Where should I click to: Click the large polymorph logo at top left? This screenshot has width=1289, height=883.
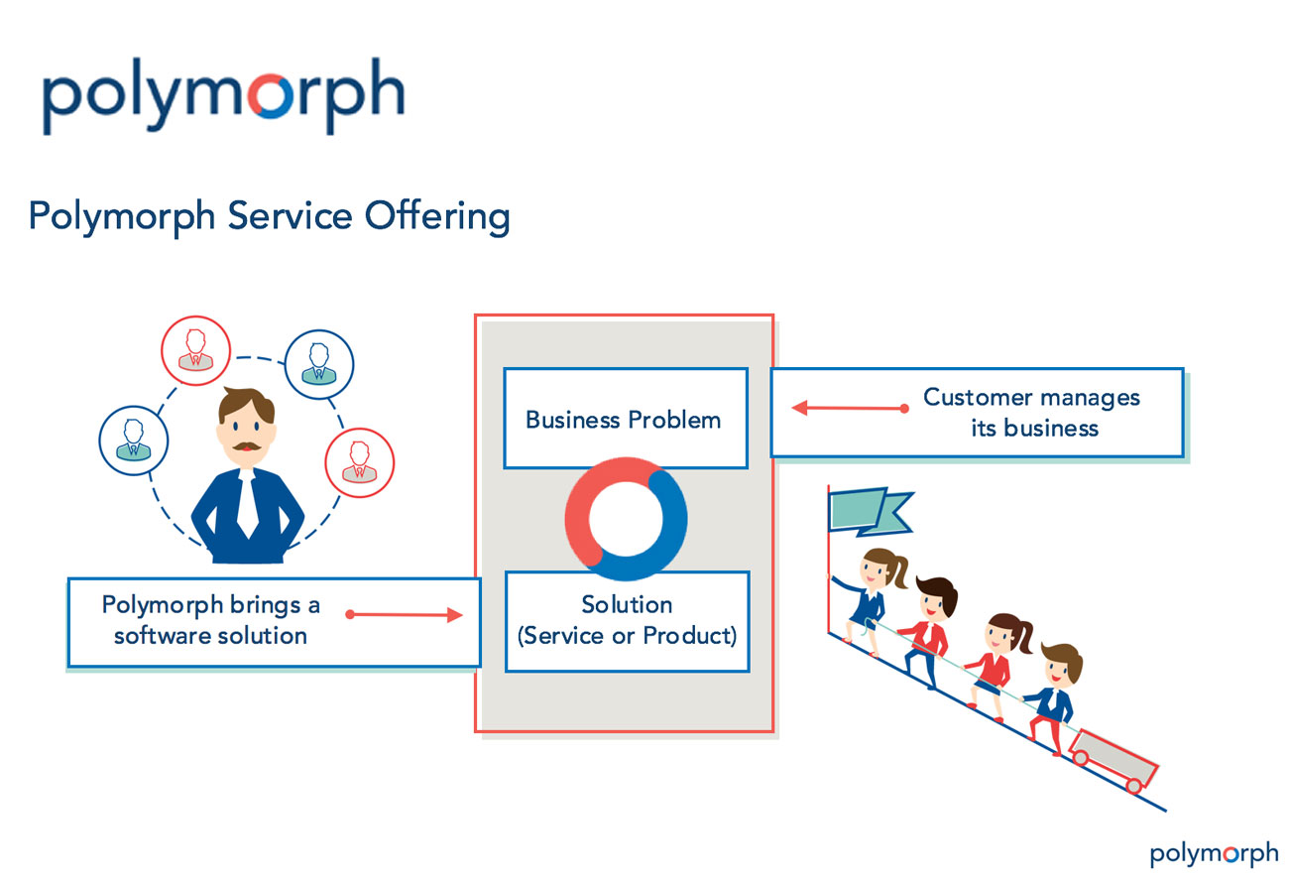click(x=223, y=95)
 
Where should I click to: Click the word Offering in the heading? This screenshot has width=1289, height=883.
click(x=437, y=216)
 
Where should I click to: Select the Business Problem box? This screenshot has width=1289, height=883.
click(x=626, y=419)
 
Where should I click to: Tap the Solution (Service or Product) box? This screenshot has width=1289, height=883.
click(x=628, y=622)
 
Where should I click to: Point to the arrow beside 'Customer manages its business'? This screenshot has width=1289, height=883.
click(x=850, y=408)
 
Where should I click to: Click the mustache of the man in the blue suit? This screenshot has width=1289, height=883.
click(x=247, y=446)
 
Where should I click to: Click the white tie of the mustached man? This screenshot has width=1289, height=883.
click(x=248, y=503)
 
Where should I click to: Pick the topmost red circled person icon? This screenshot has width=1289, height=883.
click(x=195, y=350)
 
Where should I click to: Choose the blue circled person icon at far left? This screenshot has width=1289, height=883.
click(x=134, y=441)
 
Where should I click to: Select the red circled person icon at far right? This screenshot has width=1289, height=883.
click(x=360, y=462)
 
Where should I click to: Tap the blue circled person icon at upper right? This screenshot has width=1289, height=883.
click(x=319, y=364)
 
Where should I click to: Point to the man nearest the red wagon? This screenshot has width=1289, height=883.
click(x=1053, y=697)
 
